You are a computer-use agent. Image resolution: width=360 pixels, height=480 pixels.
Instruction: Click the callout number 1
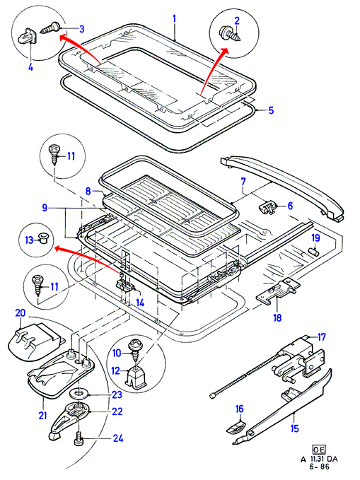tap(174, 19)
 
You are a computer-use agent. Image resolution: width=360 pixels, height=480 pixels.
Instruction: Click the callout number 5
tap(271, 110)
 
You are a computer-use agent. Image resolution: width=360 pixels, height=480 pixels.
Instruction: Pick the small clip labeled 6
tap(267, 208)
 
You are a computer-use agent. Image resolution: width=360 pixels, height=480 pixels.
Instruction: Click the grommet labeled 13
tap(42, 238)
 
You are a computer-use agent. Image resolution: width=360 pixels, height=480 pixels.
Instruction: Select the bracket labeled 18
tap(278, 291)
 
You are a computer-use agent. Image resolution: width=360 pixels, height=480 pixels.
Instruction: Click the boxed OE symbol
tap(319, 450)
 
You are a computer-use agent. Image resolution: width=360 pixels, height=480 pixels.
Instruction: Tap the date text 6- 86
tap(320, 467)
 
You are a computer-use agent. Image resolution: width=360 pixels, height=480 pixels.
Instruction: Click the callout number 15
tap(294, 428)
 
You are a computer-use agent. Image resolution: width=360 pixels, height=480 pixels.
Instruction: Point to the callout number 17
tap(321, 337)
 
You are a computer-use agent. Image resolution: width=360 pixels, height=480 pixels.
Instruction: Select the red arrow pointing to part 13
tap(87, 258)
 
